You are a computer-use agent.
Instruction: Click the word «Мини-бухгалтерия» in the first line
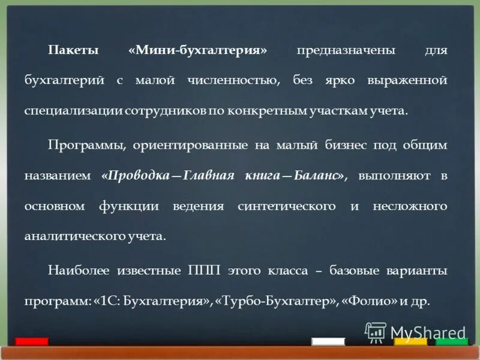(197, 51)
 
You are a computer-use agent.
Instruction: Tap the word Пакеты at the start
(74, 51)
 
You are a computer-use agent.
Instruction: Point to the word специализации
(67, 112)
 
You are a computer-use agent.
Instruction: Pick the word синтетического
(286, 206)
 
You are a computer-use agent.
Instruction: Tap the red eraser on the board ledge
(32, 341)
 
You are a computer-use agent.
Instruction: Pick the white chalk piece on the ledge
(328, 341)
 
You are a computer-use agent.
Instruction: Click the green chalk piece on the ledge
(452, 341)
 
